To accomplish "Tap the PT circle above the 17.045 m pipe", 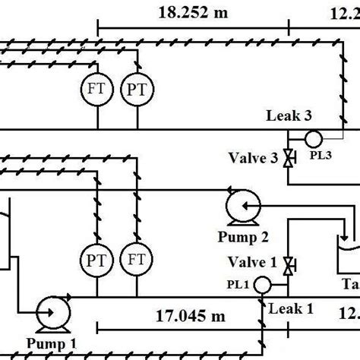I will (99, 259).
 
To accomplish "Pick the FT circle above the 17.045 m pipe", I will (137, 259).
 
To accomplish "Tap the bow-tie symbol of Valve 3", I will (288, 159).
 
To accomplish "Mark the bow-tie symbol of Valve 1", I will (288, 266).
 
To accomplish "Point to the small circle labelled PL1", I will (262, 285).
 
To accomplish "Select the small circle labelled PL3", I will (312, 138).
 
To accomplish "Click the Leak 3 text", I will (288, 116).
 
